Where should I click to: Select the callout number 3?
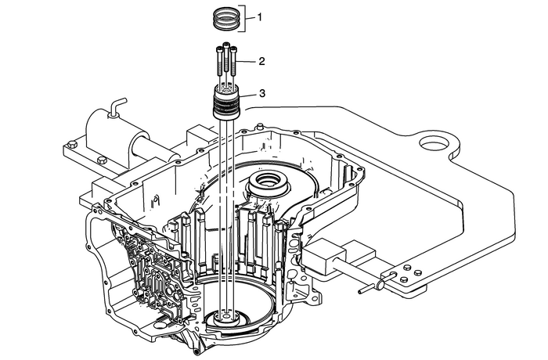tap(261, 93)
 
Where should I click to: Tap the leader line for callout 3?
tap(247, 94)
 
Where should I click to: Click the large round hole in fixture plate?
tap(435, 146)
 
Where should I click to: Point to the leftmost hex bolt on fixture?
tap(72, 144)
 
